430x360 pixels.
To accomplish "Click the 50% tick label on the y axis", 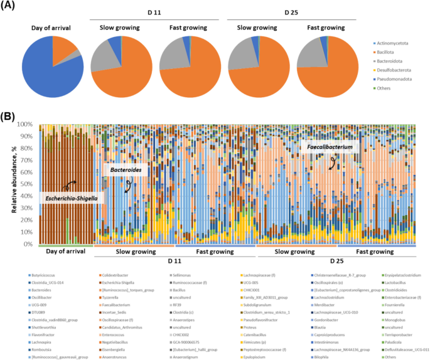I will pyautogui.click(x=29, y=184).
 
